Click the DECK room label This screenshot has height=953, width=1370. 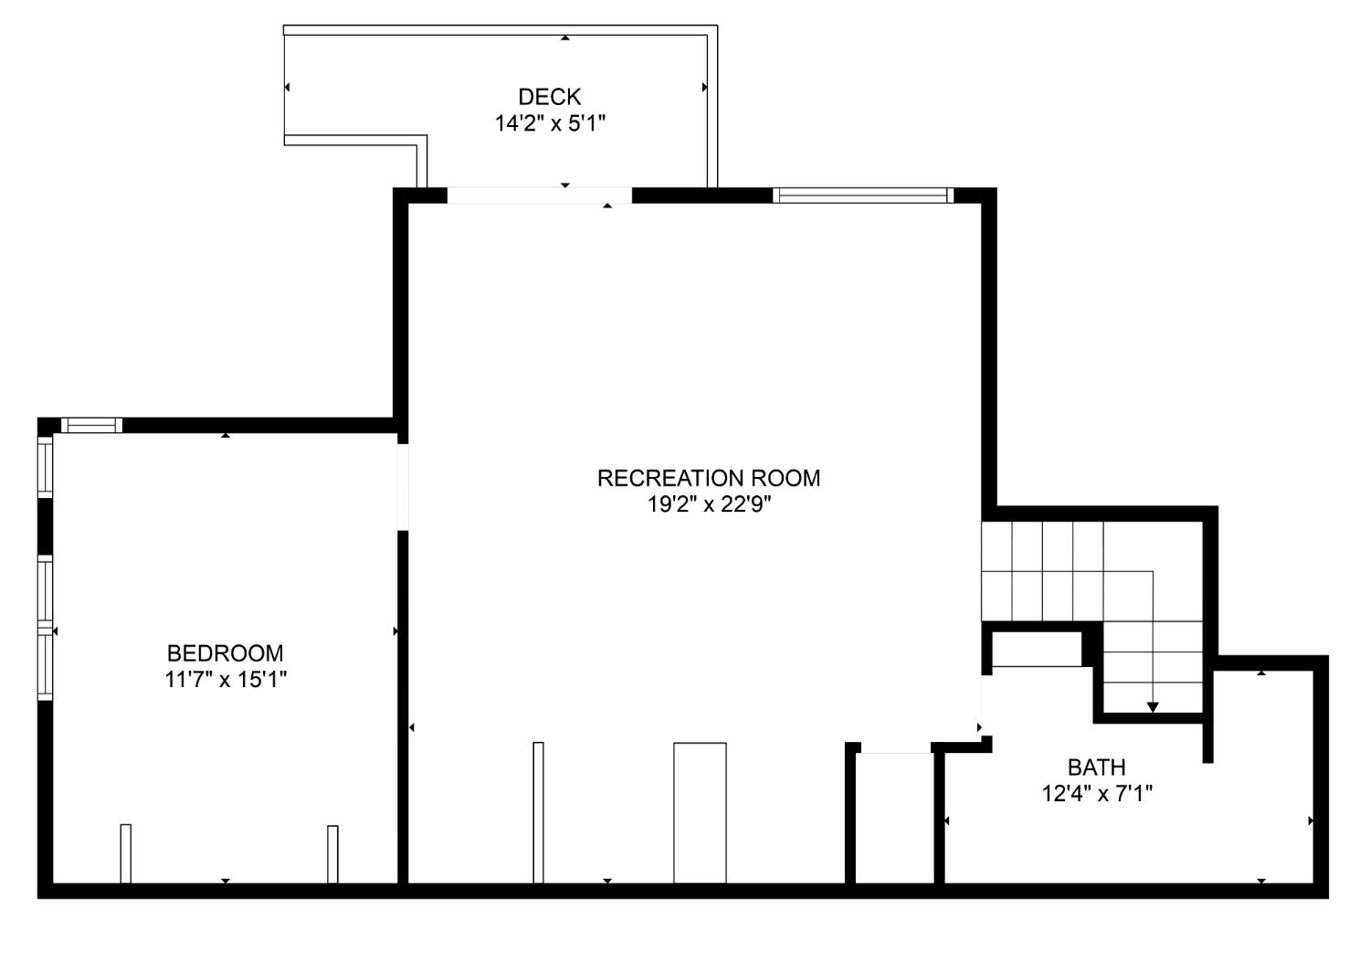pos(549,97)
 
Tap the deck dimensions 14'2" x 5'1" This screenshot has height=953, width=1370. pos(550,123)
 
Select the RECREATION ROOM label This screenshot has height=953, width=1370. pos(708,479)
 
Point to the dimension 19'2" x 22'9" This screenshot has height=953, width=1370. pos(709,504)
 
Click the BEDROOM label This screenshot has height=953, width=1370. pos(225,653)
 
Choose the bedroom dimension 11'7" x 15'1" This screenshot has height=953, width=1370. pos(225,680)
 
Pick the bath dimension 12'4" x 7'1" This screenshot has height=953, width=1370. pos(1097,794)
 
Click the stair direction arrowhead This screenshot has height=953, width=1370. pos(1153,707)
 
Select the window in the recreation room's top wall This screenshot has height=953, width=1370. pos(863,196)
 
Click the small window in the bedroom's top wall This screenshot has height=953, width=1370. pos(91,425)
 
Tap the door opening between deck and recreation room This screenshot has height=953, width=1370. pos(540,196)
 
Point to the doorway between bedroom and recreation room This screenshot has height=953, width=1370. pos(403,487)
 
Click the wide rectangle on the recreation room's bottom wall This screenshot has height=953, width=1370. pos(700,813)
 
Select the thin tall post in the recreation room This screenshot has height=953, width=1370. pos(538,812)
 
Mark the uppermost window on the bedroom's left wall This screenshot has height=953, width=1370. pos(46,467)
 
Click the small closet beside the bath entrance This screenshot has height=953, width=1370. pos(895,819)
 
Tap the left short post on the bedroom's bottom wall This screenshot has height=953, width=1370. pos(125,854)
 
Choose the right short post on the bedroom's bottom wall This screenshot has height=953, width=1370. pos(332,854)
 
